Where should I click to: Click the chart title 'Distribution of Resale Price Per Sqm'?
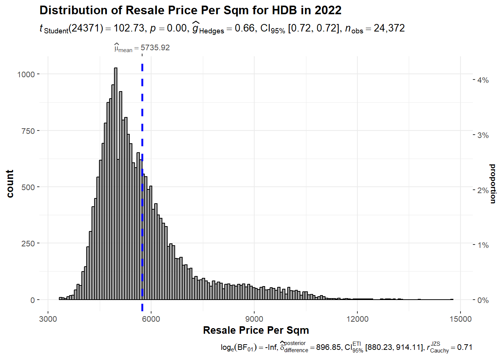tap(190, 10)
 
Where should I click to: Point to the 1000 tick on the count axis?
tap(26, 74)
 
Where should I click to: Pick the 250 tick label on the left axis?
tap(28, 244)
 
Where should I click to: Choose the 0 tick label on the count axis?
tap(33, 300)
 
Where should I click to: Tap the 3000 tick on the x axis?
tap(48, 319)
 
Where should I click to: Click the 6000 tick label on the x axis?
tap(151, 319)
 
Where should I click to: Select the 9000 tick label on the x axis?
tap(254, 319)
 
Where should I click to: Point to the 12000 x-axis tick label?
tap(357, 319)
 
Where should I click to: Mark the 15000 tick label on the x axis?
tap(460, 319)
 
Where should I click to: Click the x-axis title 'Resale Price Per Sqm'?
tap(256, 330)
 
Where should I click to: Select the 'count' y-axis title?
tap(10, 184)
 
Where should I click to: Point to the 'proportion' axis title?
tap(493, 184)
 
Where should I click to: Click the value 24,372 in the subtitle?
tap(389, 28)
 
